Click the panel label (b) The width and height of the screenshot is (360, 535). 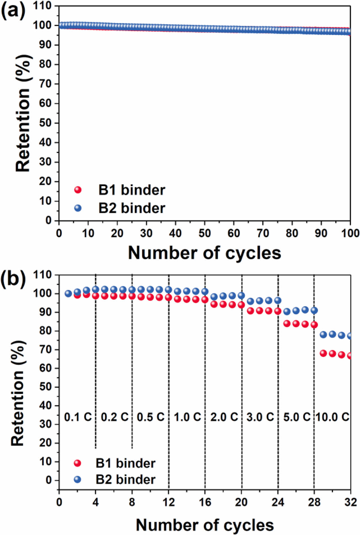tap(13, 279)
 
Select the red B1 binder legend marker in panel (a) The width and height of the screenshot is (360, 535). tap(78, 190)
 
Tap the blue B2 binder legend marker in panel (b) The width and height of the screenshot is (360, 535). tap(77, 479)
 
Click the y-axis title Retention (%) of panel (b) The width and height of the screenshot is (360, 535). tap(17, 393)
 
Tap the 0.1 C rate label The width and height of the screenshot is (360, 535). tap(78, 417)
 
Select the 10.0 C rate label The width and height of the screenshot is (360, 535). tap(332, 417)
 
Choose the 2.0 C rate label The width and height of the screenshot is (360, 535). tap(224, 417)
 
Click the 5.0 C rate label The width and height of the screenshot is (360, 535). tap(296, 417)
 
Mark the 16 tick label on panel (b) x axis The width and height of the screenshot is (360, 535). tap(205, 502)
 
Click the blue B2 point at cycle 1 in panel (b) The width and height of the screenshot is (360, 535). tap(68, 294)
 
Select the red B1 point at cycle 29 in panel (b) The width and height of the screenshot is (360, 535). tap(323, 353)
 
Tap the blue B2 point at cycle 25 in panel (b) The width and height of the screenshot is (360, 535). tap(287, 312)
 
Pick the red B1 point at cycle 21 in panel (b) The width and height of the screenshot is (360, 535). tap(250, 311)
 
